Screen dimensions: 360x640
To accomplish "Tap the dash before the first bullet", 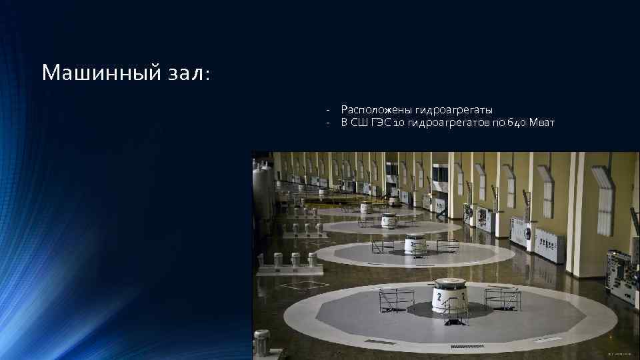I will pos(328,109).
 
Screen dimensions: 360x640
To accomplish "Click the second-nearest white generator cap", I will pos(415,243).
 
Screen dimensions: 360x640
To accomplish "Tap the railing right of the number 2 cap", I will pos(501,297).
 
